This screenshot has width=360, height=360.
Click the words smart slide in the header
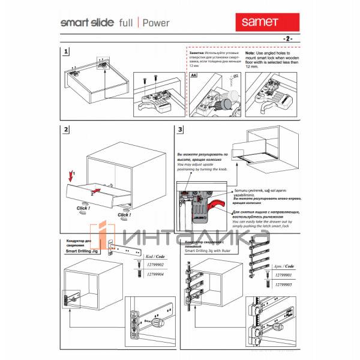point(83,23)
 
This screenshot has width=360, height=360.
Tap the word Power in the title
point(156,23)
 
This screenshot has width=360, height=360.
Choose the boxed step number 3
point(179,130)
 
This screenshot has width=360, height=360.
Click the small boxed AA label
point(193,76)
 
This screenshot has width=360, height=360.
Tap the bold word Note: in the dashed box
point(254,53)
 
